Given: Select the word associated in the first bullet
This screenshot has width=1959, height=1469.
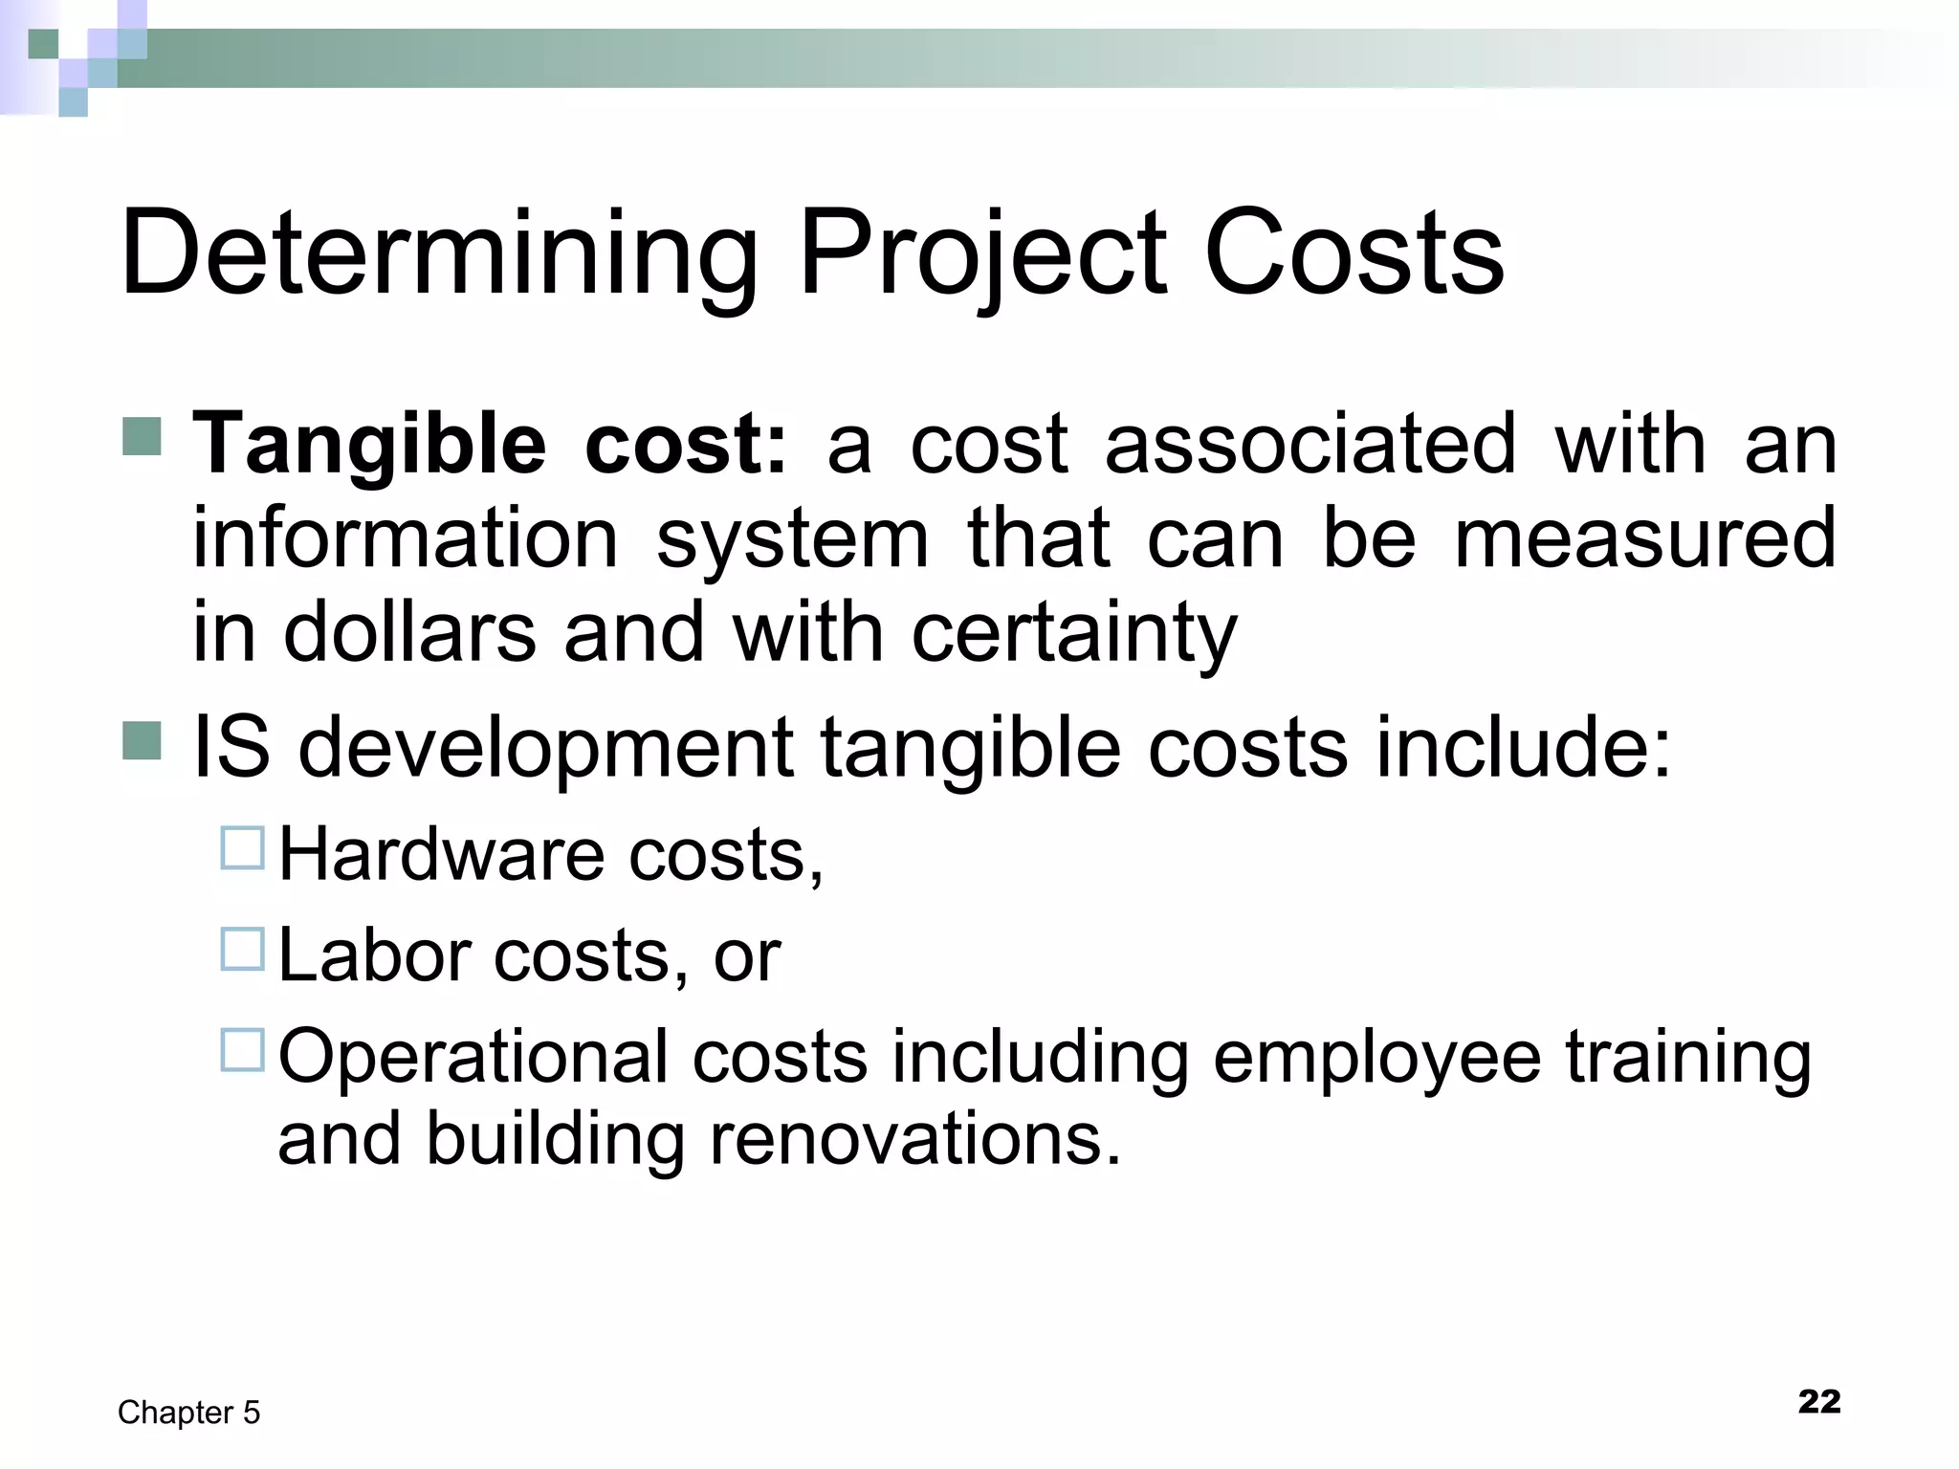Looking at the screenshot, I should tap(1310, 444).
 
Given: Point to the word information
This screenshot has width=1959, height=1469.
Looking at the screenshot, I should tap(406, 537).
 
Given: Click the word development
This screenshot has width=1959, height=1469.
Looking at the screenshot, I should tap(545, 749).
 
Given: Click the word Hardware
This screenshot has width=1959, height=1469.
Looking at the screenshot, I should tap(440, 854).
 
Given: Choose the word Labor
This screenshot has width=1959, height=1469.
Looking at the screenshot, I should tap(373, 955).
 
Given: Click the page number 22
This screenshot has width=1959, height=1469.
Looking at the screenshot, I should tap(1818, 1401).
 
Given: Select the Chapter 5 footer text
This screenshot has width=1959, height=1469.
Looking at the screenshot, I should tap(188, 1413).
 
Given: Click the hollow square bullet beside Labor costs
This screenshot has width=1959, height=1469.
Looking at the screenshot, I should tap(242, 949).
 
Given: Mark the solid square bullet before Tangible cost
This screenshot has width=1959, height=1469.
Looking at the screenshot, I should tap(143, 437).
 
